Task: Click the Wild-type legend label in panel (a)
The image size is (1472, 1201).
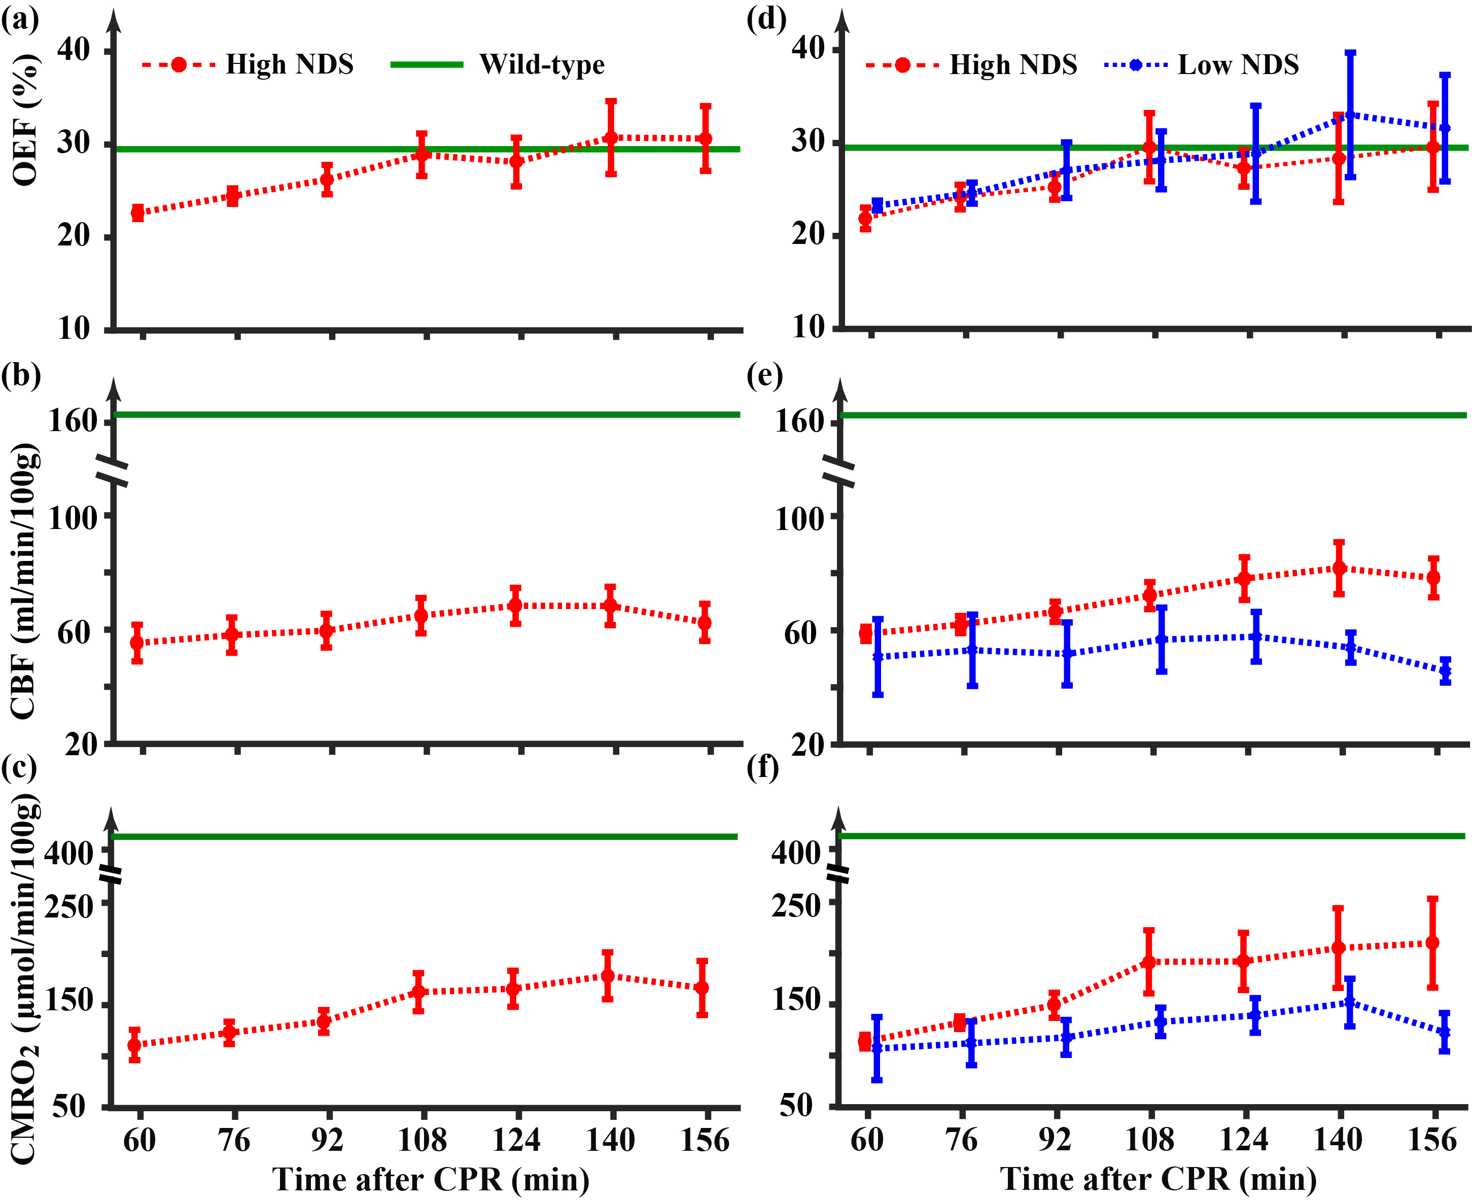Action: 542,64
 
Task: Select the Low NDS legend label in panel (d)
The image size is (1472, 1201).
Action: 1238,65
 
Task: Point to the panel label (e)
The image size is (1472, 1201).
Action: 765,376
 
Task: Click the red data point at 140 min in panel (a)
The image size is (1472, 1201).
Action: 611,137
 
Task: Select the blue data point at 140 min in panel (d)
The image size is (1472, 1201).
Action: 1350,115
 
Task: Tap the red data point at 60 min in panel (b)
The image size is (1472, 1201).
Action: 137,643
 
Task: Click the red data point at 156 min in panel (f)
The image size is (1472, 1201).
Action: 1432,942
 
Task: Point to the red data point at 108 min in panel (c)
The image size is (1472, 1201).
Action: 418,992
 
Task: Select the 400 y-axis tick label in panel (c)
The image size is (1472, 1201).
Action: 68,853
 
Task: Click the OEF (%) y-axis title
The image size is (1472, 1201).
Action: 26,121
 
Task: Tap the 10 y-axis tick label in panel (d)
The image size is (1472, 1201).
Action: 807,327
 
